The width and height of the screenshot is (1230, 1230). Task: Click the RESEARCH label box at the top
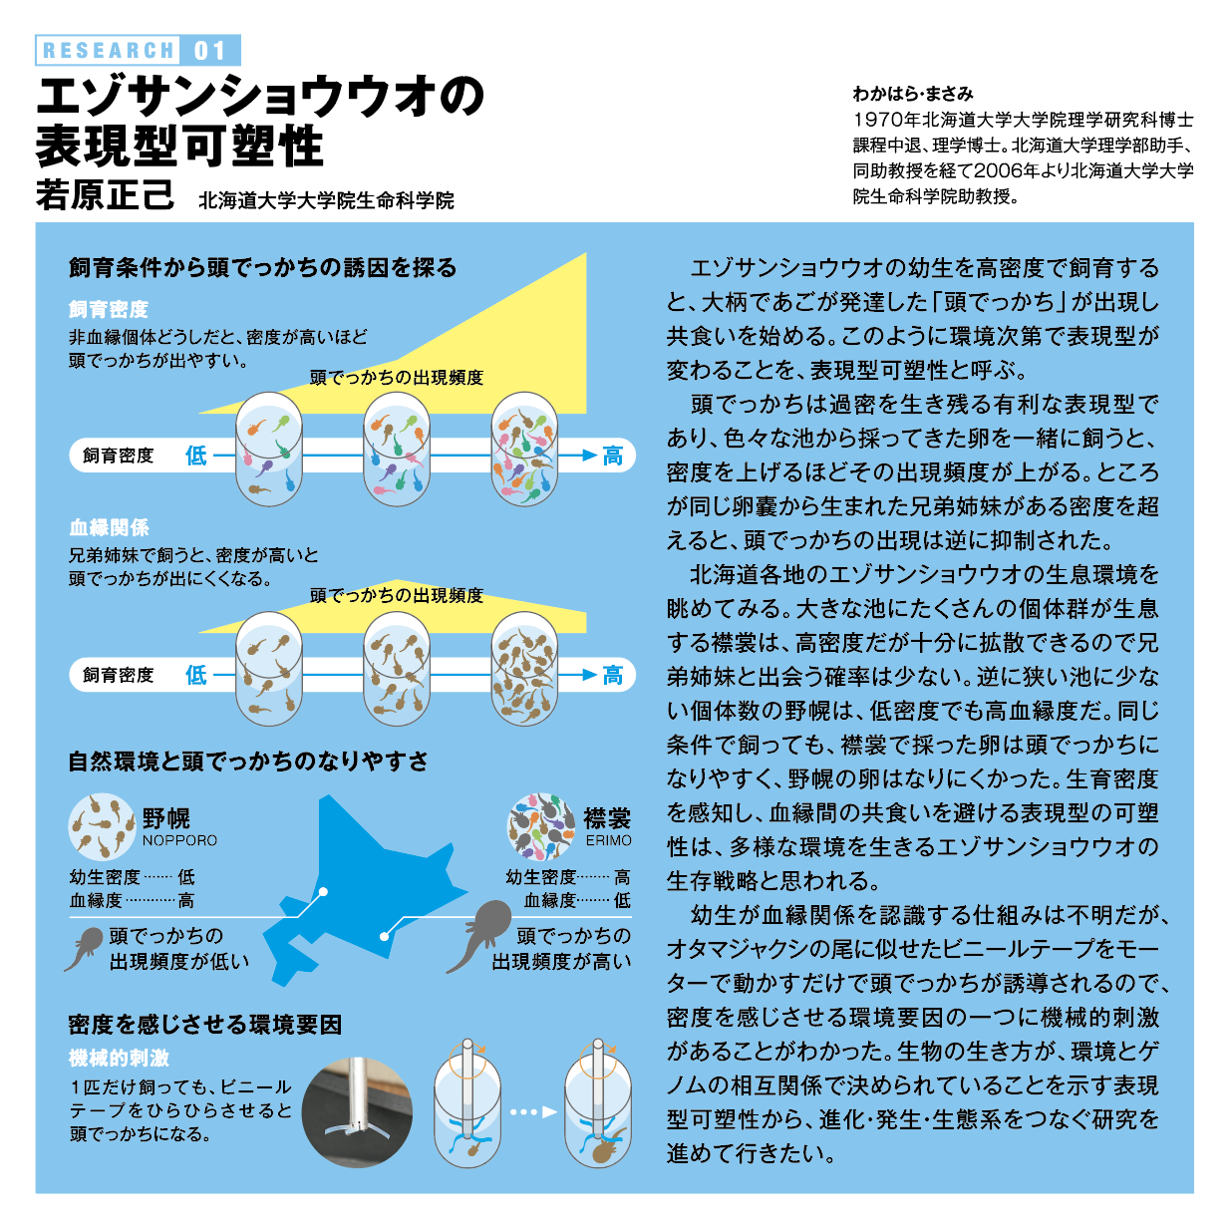click(108, 50)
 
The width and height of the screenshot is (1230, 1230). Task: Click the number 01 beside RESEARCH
click(210, 50)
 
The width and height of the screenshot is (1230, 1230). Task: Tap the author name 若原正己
click(105, 194)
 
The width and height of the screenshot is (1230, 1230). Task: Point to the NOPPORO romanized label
click(179, 840)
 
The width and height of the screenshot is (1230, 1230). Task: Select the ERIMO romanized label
click(608, 840)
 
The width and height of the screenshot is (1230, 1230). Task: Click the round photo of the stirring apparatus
click(357, 1112)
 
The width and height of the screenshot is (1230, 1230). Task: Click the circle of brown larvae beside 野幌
click(102, 826)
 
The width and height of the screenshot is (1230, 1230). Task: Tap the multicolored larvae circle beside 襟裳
click(540, 826)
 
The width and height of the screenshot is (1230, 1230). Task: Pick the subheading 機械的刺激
click(119, 1058)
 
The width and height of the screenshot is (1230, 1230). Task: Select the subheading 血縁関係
click(109, 527)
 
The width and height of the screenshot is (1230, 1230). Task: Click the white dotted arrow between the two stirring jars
click(533, 1112)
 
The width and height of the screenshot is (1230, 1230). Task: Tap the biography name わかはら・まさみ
click(913, 94)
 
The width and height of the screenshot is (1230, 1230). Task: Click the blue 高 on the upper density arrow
click(613, 456)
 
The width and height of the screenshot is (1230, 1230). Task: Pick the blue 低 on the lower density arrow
click(196, 675)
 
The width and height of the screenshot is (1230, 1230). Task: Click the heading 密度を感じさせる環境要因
click(205, 1025)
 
